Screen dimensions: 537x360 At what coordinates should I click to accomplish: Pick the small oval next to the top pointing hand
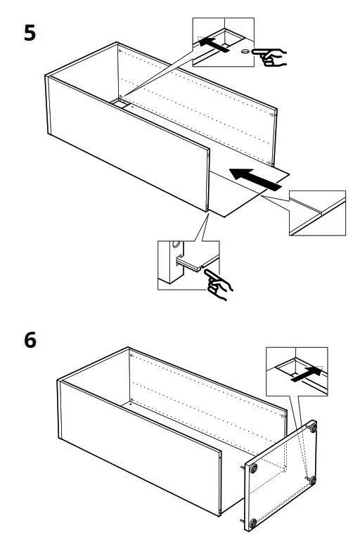[244, 52]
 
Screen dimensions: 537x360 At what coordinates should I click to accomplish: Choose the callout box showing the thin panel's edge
[317, 213]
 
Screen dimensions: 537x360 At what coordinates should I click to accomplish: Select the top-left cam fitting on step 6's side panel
[253, 467]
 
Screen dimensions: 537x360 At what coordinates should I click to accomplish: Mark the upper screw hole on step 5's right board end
[274, 110]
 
